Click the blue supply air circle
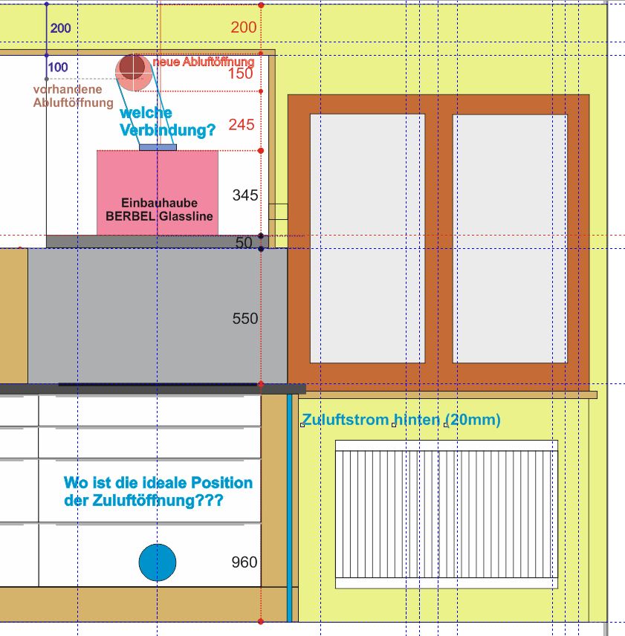pyautogui.click(x=158, y=562)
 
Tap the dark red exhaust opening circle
pyautogui.click(x=132, y=68)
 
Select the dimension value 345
pyautogui.click(x=245, y=195)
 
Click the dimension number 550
pyautogui.click(x=245, y=319)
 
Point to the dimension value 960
pyautogui.click(x=245, y=562)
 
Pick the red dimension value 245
pyautogui.click(x=242, y=125)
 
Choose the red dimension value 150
pyautogui.click(x=241, y=74)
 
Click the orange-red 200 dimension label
pyautogui.click(x=244, y=27)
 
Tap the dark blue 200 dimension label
pyautogui.click(x=60, y=28)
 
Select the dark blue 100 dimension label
pyautogui.click(x=58, y=67)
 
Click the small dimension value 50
pyautogui.click(x=244, y=242)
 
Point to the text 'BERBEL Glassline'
pyautogui.click(x=159, y=216)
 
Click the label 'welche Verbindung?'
pyautogui.click(x=167, y=121)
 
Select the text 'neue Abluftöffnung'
pyautogui.click(x=203, y=62)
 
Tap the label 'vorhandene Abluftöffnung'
pyautogui.click(x=74, y=96)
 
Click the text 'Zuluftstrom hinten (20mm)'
pyautogui.click(x=401, y=419)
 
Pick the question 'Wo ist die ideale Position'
pyautogui.click(x=158, y=483)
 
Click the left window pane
pyautogui.click(x=367, y=238)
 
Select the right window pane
pyautogui.click(x=510, y=238)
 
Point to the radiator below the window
pyautogui.click(x=447, y=514)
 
